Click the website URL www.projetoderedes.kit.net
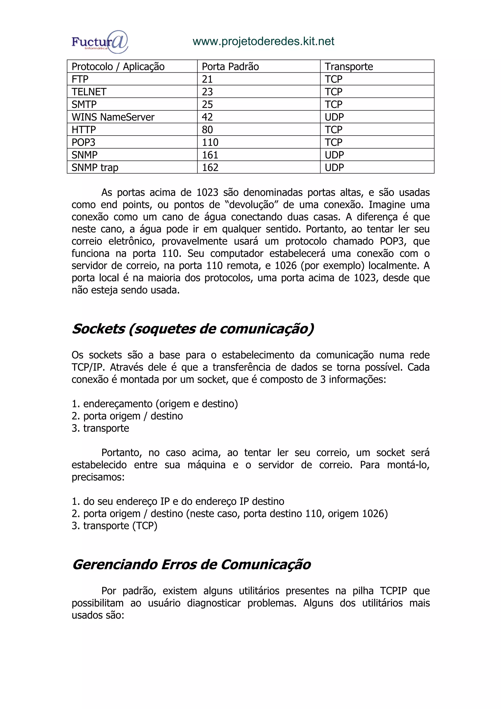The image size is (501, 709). tap(263, 41)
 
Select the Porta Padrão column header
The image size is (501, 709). tap(230, 67)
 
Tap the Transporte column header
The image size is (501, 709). tap(349, 67)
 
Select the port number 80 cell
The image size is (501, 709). tap(207, 130)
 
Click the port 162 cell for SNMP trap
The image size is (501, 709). tap(210, 167)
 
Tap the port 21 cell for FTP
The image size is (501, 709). tap(207, 79)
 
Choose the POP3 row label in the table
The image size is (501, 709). tap(83, 142)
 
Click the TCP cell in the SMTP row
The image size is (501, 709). tap(333, 104)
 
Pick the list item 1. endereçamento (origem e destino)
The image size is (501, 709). tap(155, 404)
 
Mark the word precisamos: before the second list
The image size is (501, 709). tap(98, 477)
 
